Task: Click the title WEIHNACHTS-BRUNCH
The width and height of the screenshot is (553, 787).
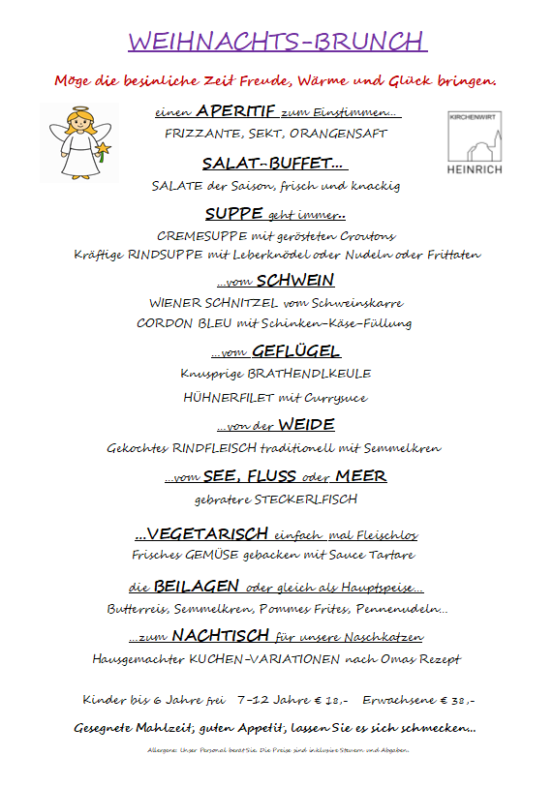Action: pyautogui.click(x=276, y=42)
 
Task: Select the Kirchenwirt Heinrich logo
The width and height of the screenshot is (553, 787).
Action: pyautogui.click(x=476, y=143)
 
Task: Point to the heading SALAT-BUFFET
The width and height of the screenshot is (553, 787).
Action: pyautogui.click(x=274, y=163)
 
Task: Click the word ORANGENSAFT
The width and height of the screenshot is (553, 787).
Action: pyautogui.click(x=348, y=134)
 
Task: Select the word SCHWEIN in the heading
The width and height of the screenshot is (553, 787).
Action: pyautogui.click(x=295, y=281)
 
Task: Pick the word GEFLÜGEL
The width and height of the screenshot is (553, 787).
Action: pyautogui.click(x=295, y=351)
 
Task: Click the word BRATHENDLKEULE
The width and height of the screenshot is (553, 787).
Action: pyautogui.click(x=309, y=373)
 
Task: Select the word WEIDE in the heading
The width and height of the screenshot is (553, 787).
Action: pyautogui.click(x=306, y=425)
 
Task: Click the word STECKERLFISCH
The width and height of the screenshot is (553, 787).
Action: pyautogui.click(x=305, y=499)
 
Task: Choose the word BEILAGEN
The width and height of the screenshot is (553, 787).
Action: pyautogui.click(x=198, y=587)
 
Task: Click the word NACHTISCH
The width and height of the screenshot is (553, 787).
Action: pyautogui.click(x=220, y=636)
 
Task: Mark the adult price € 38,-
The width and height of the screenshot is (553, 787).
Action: pyautogui.click(x=457, y=699)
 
